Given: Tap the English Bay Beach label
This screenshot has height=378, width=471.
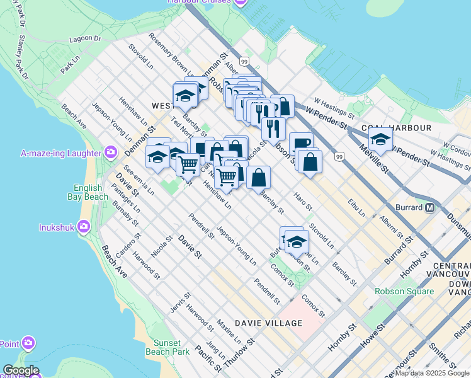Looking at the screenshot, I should pyautogui.click(x=91, y=192).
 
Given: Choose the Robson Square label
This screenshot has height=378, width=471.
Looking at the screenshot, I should pyautogui.click(x=404, y=291).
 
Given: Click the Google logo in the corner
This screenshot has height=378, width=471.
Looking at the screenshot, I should pyautogui.click(x=21, y=370).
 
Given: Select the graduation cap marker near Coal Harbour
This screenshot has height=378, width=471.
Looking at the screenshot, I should pyautogui.click(x=380, y=139).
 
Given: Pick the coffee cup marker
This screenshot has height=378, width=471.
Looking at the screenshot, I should pyautogui.click(x=301, y=144).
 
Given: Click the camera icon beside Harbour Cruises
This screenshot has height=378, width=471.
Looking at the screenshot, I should pyautogui.click(x=239, y=3).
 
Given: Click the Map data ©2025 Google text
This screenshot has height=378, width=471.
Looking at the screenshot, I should pyautogui.click(x=432, y=373).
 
